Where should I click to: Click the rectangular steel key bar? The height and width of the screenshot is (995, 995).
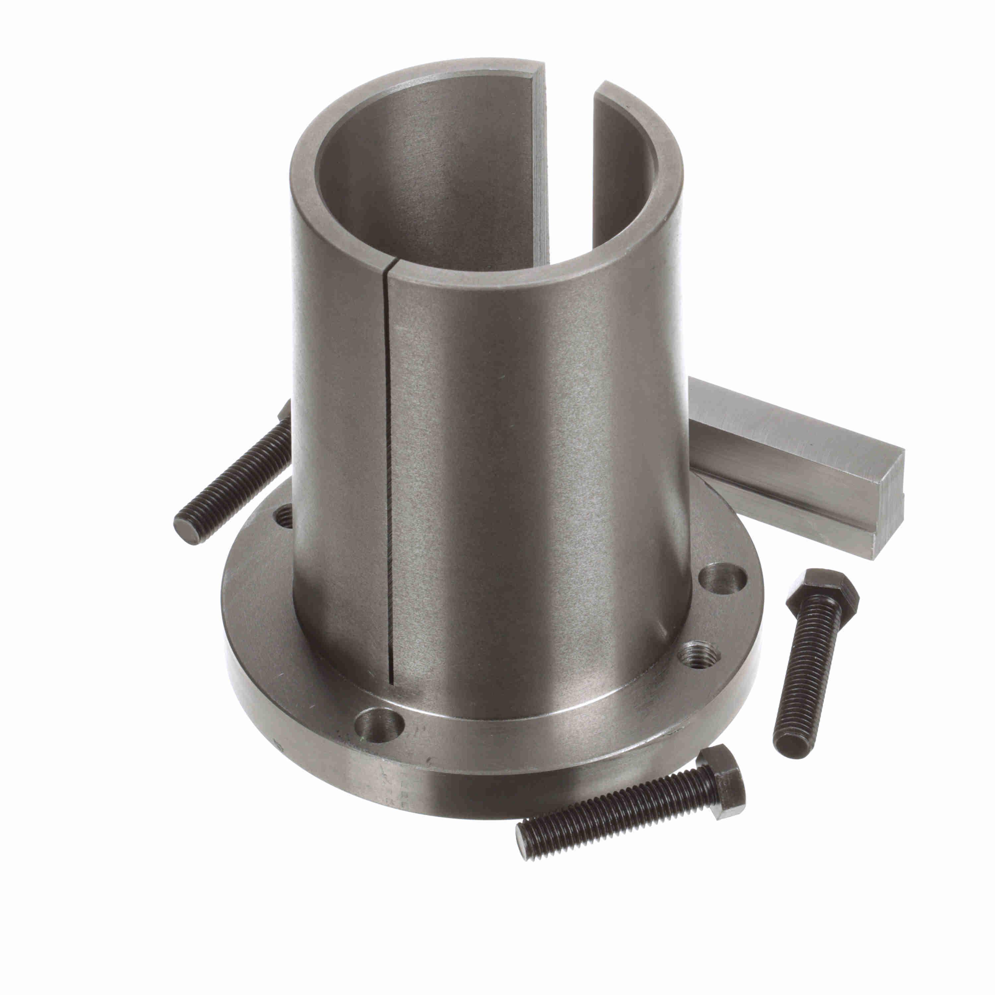[x=772, y=453]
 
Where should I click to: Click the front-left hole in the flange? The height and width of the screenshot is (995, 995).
[x=380, y=725]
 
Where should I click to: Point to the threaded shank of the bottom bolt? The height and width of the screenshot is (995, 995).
[x=618, y=819]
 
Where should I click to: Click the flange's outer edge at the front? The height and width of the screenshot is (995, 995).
[x=464, y=793]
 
